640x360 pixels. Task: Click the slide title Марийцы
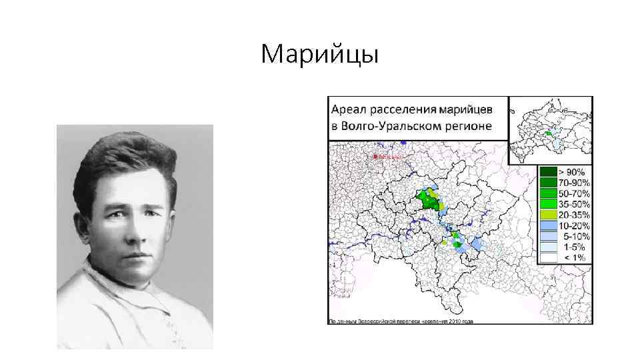tap(320, 54)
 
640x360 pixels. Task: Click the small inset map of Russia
tap(550, 130)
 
